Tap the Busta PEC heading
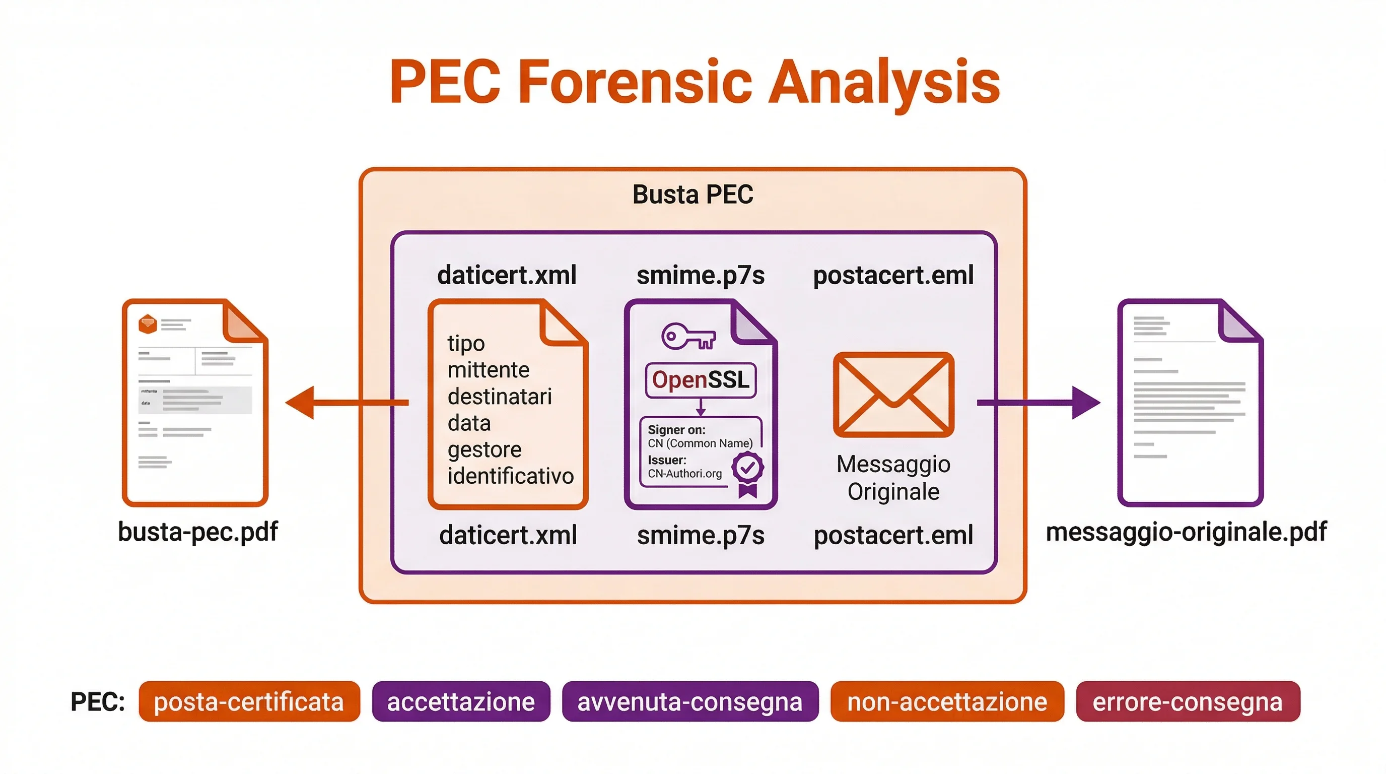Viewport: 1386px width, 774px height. tap(692, 195)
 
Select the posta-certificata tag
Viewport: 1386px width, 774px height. tap(249, 701)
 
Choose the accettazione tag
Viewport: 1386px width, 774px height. tap(460, 701)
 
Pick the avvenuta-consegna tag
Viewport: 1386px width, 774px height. tap(690, 701)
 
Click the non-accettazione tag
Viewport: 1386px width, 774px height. tap(947, 701)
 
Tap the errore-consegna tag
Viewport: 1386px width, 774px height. tap(1188, 701)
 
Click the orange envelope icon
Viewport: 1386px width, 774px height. tap(893, 394)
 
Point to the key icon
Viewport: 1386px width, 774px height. tap(687, 337)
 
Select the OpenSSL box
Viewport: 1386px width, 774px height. tap(701, 380)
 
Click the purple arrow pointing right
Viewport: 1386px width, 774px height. tap(1038, 402)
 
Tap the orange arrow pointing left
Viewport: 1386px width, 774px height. tap(346, 402)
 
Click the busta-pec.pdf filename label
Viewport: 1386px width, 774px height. tap(197, 532)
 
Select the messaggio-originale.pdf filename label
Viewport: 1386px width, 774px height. tap(1186, 532)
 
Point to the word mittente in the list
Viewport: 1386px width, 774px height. tap(489, 370)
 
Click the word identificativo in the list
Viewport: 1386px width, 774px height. tap(510, 476)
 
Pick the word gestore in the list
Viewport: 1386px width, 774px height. tap(484, 449)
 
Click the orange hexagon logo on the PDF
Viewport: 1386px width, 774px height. tap(148, 324)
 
